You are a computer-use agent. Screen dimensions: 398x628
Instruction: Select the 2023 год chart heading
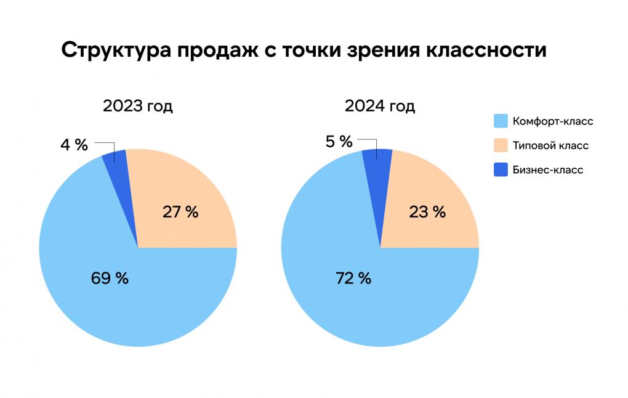pyautogui.click(x=138, y=106)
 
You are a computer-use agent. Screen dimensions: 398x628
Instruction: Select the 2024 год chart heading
pyautogui.click(x=380, y=106)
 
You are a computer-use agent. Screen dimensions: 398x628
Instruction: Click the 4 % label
pyautogui.click(x=74, y=145)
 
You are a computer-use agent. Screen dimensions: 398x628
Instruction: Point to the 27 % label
pyautogui.click(x=180, y=212)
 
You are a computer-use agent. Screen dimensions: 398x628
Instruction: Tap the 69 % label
pyautogui.click(x=110, y=278)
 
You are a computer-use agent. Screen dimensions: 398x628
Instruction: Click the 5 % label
pyautogui.click(x=339, y=142)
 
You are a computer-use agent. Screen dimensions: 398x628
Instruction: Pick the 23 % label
pyautogui.click(x=427, y=212)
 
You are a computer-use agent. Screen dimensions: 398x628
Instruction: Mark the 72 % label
pyautogui.click(x=353, y=278)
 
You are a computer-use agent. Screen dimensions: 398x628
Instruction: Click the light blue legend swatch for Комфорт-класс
pyautogui.click(x=501, y=121)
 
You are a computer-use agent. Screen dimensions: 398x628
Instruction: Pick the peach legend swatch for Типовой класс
pyautogui.click(x=501, y=146)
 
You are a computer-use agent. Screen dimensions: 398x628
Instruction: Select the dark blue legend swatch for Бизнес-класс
pyautogui.click(x=501, y=170)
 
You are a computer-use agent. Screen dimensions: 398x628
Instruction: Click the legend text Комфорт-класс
pyautogui.click(x=553, y=121)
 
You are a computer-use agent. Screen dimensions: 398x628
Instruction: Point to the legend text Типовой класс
pyautogui.click(x=550, y=146)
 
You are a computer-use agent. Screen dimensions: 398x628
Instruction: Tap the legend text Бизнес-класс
pyautogui.click(x=547, y=170)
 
